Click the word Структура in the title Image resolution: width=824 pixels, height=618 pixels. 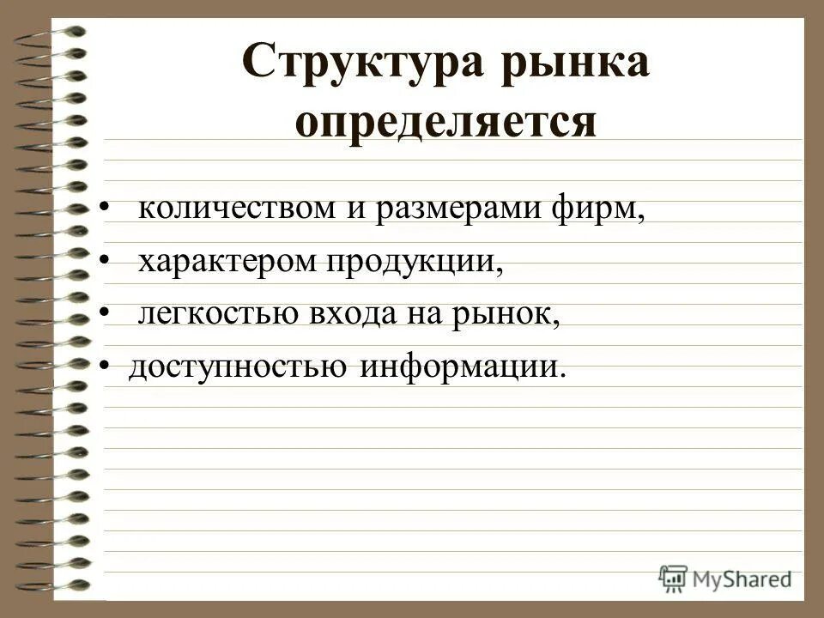pyautogui.click(x=354, y=66)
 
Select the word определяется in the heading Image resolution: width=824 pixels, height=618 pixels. pyautogui.click(x=445, y=121)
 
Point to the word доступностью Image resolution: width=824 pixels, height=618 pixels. pyautogui.click(x=239, y=369)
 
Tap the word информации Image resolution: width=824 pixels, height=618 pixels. pyautogui.click(x=463, y=369)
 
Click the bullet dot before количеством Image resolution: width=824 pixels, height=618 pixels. pyautogui.click(x=104, y=209)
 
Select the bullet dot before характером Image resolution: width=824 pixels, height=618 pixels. pyautogui.click(x=104, y=262)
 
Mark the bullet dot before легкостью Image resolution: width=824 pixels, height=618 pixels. pyautogui.click(x=104, y=315)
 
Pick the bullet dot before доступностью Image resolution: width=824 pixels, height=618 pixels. pyautogui.click(x=104, y=368)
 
